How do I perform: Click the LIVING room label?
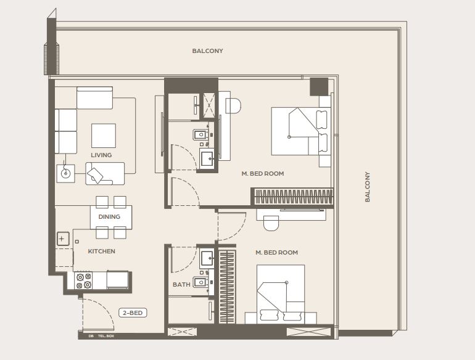(x=101, y=155)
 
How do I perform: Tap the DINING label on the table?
(x=109, y=217)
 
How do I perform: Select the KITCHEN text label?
(x=102, y=252)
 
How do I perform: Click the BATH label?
(x=181, y=285)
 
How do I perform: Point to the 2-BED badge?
(x=133, y=313)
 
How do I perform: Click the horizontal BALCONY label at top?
(x=207, y=51)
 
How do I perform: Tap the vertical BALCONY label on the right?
(x=368, y=187)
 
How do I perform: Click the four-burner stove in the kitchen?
(x=84, y=281)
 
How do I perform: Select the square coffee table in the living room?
(x=104, y=136)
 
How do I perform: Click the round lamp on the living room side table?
(x=65, y=174)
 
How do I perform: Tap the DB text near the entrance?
(x=91, y=336)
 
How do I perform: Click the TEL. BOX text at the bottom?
(x=106, y=336)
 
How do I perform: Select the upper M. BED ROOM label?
(x=263, y=174)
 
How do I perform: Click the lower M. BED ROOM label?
(x=276, y=253)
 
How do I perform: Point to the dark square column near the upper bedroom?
(x=319, y=87)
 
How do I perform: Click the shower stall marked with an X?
(x=209, y=105)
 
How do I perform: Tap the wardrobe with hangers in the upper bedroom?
(x=293, y=197)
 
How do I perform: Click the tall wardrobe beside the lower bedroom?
(x=227, y=287)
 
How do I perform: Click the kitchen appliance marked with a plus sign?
(x=63, y=239)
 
